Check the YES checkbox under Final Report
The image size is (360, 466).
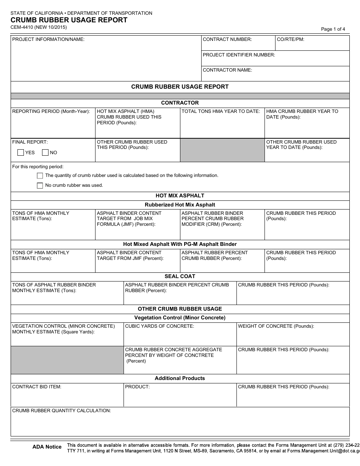point(21,153)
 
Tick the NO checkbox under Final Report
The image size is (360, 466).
point(45,153)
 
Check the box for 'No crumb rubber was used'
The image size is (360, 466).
point(40,186)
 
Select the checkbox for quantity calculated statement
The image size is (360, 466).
point(40,176)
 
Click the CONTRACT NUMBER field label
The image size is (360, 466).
point(227,39)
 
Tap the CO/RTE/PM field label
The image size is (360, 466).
point(291,39)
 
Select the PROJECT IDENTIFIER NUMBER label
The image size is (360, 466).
point(239,55)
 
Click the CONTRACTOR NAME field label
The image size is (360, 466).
point(227,70)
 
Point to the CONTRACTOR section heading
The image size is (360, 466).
point(180,103)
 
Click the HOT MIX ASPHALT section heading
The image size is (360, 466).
point(180,196)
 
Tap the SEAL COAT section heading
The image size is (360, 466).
point(180,277)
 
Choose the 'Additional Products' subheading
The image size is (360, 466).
point(180,378)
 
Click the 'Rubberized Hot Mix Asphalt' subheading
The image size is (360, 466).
point(180,205)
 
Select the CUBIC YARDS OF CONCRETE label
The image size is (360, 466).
point(160,326)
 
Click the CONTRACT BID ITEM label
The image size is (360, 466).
point(37,387)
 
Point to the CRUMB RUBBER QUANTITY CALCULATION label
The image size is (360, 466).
point(61,411)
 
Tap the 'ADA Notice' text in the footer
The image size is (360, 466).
point(47,447)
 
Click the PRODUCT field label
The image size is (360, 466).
point(137,387)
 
